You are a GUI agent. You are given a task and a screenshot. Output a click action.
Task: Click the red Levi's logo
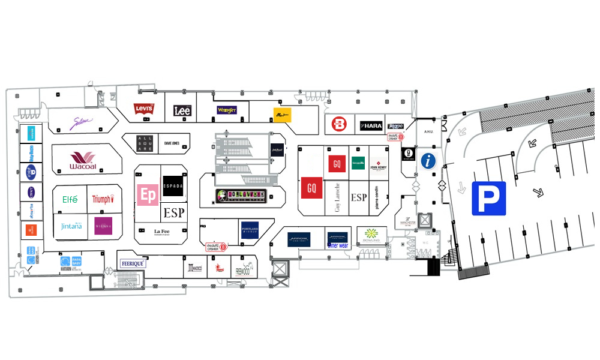click(144, 109)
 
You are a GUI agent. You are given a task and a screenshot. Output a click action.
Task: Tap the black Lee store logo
click(182, 110)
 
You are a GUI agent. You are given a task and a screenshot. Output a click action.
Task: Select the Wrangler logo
click(227, 110)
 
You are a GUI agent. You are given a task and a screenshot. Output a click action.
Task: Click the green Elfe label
click(70, 199)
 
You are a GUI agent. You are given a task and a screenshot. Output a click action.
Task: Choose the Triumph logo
click(102, 199)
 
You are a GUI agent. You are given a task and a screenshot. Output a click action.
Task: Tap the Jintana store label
click(71, 226)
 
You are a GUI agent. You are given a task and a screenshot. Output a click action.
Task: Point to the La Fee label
click(161, 232)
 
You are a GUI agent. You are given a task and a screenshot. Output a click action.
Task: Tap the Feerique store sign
click(133, 263)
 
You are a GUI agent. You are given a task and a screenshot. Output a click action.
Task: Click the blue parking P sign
click(488, 198)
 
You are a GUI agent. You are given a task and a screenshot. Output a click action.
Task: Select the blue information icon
click(428, 160)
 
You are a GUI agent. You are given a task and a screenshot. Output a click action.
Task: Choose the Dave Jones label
click(176, 143)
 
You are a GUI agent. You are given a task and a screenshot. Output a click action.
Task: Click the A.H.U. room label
click(428, 132)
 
